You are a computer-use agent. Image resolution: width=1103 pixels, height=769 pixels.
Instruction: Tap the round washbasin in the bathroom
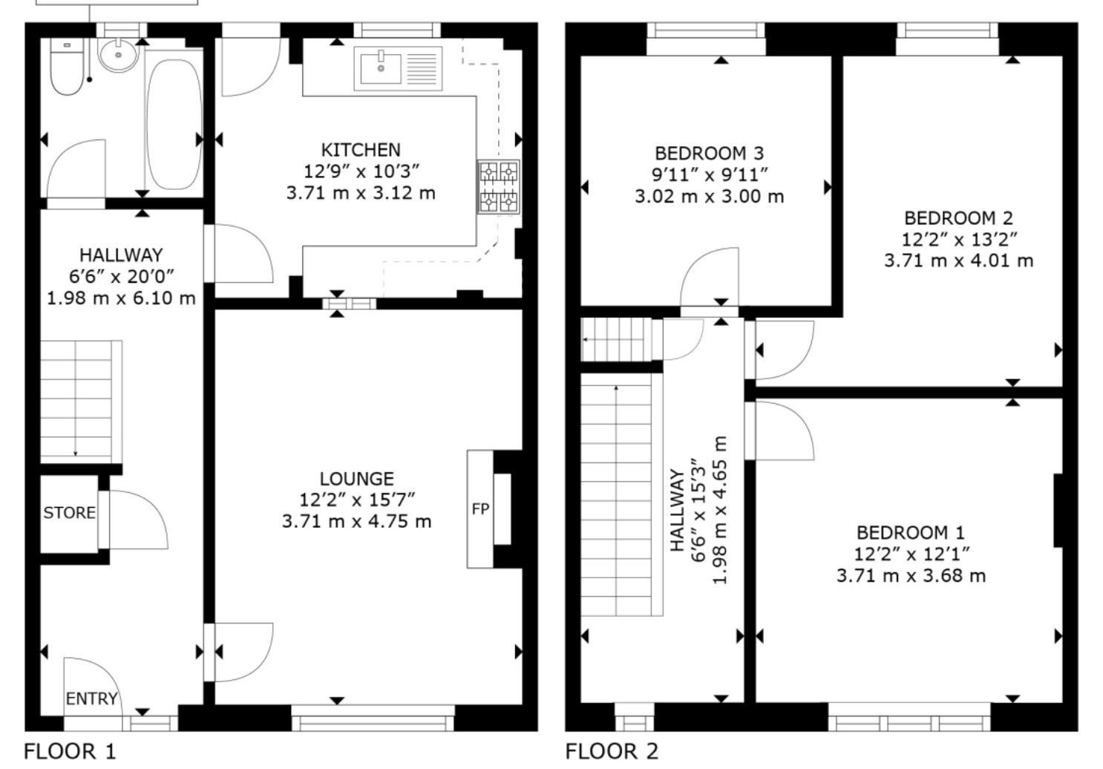click(118, 55)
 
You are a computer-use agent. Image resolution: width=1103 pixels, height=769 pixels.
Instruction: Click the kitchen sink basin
click(381, 69)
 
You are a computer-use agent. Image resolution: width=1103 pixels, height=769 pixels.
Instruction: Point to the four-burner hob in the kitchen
click(498, 186)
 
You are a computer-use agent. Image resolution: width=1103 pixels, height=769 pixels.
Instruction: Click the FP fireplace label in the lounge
click(480, 508)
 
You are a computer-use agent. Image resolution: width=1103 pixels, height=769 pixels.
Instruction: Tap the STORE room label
click(70, 513)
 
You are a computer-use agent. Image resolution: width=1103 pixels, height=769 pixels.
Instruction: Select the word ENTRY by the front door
click(91, 698)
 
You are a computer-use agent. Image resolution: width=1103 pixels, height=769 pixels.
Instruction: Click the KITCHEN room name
click(361, 150)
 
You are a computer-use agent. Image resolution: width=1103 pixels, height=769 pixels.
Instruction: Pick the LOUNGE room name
click(357, 479)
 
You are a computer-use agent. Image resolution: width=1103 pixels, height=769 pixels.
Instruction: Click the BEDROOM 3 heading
click(709, 154)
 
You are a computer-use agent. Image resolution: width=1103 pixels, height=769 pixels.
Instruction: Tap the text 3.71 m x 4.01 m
click(959, 261)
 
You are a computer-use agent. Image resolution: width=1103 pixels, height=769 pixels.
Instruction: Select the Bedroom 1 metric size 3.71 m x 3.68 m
click(911, 575)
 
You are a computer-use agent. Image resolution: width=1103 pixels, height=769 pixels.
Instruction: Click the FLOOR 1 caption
click(70, 751)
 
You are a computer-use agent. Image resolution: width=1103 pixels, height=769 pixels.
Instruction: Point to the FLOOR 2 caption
click(612, 751)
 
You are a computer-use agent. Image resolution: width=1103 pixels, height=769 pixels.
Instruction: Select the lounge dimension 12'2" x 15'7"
click(357, 500)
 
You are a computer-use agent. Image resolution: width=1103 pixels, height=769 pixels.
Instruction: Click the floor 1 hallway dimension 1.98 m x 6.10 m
click(121, 298)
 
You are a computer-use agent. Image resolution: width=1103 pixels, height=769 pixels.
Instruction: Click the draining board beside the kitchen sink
click(422, 69)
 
